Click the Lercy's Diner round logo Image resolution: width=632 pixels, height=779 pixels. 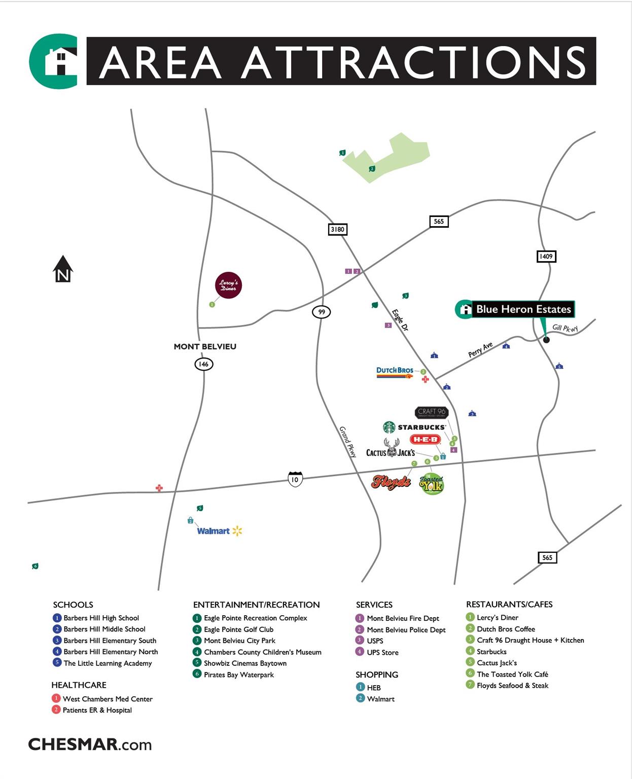[x=228, y=286]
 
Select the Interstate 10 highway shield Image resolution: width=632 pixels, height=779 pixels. [x=295, y=479]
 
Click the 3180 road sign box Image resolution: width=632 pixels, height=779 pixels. [x=337, y=229]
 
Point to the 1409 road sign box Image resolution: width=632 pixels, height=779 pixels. [x=546, y=256]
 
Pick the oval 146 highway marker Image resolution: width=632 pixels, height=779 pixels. [x=203, y=364]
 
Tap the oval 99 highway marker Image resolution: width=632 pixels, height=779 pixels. [x=321, y=312]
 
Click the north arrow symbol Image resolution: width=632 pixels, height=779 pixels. [x=63, y=269]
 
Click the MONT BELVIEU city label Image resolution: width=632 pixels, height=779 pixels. [x=205, y=346]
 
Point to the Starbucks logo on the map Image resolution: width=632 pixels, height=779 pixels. [x=415, y=427]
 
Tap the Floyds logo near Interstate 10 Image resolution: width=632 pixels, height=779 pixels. [x=391, y=482]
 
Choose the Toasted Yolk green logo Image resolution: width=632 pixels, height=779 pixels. [x=432, y=484]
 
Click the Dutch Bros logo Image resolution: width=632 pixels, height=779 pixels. [x=395, y=372]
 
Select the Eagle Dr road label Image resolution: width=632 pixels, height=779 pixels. [x=400, y=320]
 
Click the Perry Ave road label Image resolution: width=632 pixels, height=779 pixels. [x=480, y=349]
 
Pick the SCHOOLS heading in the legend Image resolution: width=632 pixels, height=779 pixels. [x=73, y=605]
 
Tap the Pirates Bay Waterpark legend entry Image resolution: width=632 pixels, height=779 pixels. [x=238, y=675]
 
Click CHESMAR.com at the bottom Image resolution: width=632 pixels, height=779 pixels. [x=90, y=745]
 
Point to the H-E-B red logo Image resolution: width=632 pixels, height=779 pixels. [x=425, y=440]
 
